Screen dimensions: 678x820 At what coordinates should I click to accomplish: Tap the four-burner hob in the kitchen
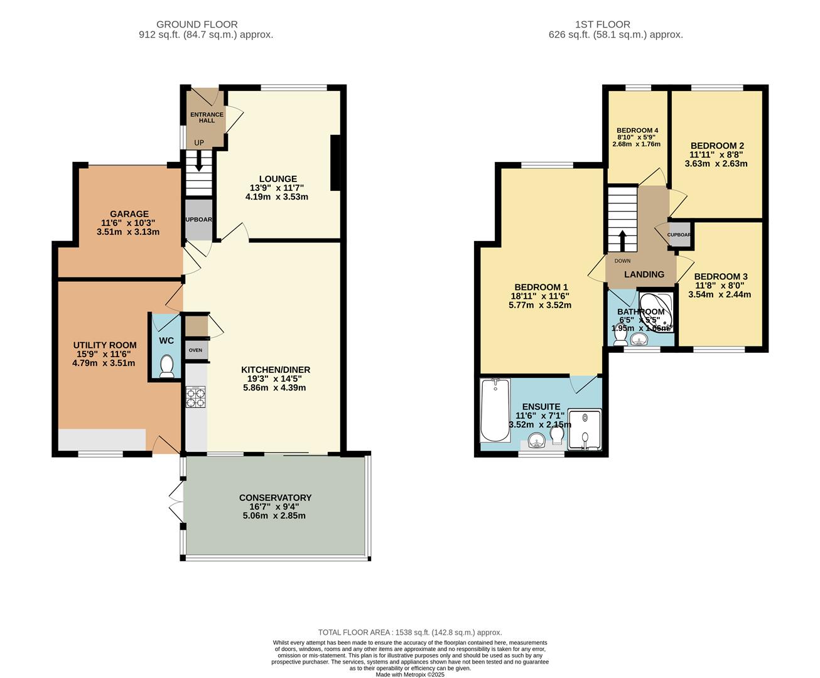coord(195,397)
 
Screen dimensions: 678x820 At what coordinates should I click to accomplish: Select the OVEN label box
coord(196,350)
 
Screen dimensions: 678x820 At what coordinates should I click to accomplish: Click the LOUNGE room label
coord(278,179)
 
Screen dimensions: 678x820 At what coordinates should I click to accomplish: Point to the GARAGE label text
coord(129,213)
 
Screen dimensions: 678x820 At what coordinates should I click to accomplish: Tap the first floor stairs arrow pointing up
coord(622,240)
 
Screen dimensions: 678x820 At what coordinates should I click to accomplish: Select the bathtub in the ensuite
coord(495,411)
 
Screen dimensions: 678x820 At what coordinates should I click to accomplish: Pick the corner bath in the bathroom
coord(657,311)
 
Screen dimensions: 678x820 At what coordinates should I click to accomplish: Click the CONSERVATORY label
coord(275,498)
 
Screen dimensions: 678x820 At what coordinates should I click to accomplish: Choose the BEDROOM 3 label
coord(720,276)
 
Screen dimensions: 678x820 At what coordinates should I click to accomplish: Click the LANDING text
coord(644,274)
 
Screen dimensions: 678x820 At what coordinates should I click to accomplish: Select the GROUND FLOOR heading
coord(197,24)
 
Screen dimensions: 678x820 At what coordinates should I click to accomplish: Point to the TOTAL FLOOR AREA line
coord(409,632)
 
